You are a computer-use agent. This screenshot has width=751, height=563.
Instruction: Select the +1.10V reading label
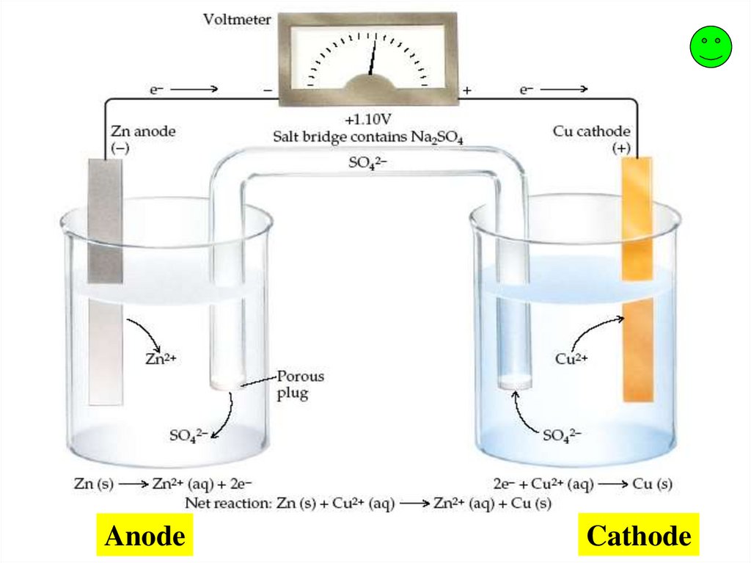pos(368,120)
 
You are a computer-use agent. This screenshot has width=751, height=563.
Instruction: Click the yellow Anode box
pos(144,536)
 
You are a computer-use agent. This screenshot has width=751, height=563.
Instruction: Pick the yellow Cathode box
pos(638,536)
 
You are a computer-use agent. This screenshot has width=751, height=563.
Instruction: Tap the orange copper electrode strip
pos(637,279)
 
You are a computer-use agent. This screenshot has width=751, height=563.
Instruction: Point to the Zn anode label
pos(143,132)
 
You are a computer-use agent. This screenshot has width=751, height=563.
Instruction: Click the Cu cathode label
pos(591,132)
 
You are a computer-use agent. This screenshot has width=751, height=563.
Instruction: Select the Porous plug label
pos(299,385)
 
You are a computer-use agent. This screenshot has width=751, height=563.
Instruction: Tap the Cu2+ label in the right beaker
pos(573,359)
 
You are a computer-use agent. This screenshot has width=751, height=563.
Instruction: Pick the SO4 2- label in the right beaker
pos(562,435)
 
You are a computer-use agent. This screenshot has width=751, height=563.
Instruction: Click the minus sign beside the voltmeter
pos(267,91)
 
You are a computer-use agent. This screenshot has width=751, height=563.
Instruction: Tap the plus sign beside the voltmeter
pos(466,91)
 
